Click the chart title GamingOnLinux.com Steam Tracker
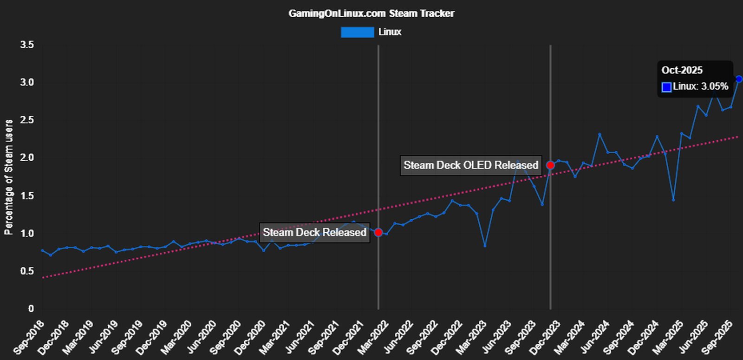(371, 13)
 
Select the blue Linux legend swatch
(357, 32)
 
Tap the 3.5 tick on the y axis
(27, 45)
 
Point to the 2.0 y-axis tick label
(27, 158)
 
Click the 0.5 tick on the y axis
(27, 271)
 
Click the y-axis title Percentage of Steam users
(9, 177)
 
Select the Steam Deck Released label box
(314, 232)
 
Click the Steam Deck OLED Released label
(470, 165)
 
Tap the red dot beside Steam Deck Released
(378, 232)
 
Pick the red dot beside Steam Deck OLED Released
(550, 165)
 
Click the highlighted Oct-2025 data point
(739, 79)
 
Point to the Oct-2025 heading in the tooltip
(682, 70)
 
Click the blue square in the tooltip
(666, 87)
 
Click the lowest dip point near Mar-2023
(485, 246)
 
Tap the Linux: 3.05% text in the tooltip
(700, 86)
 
